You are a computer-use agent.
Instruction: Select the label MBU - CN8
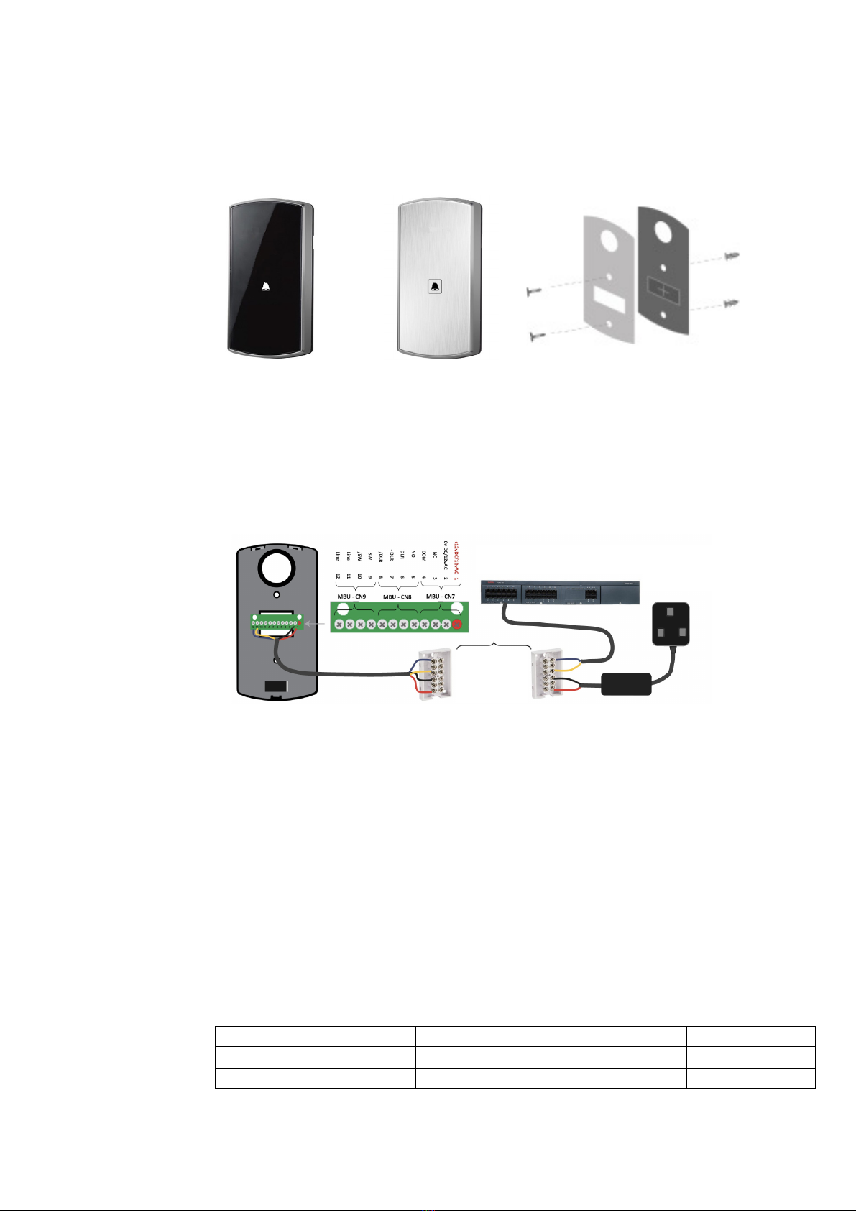(x=397, y=597)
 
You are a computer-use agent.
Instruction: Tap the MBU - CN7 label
(x=441, y=597)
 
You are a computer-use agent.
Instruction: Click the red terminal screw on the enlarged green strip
(x=456, y=626)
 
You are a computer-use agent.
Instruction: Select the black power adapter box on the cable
(x=625, y=683)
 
